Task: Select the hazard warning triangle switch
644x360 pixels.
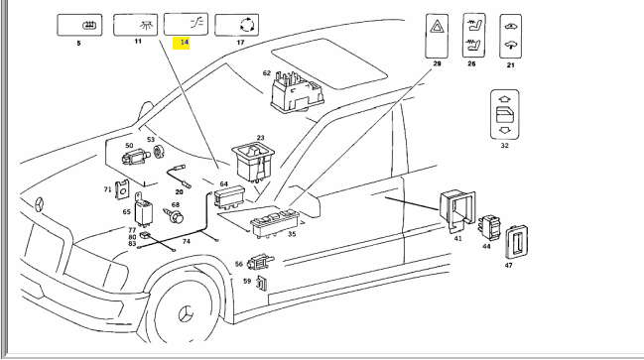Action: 437,36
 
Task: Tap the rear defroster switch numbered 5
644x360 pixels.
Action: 79,25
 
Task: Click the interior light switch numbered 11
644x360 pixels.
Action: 136,25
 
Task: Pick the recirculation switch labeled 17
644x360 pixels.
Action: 236,25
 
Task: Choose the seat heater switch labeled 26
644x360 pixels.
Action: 474,36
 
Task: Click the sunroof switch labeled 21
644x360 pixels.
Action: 510,36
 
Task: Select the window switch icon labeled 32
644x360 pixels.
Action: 505,114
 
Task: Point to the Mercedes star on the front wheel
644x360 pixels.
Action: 186,314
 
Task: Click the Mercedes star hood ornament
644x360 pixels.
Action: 39,204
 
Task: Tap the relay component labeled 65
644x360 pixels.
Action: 143,210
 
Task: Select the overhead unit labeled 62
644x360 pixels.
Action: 298,91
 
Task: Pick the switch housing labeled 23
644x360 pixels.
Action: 253,161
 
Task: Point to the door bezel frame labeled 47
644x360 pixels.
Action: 516,242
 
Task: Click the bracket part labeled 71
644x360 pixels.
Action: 122,189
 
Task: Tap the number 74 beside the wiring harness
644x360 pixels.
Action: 186,241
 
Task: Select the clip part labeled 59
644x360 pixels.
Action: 261,283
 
